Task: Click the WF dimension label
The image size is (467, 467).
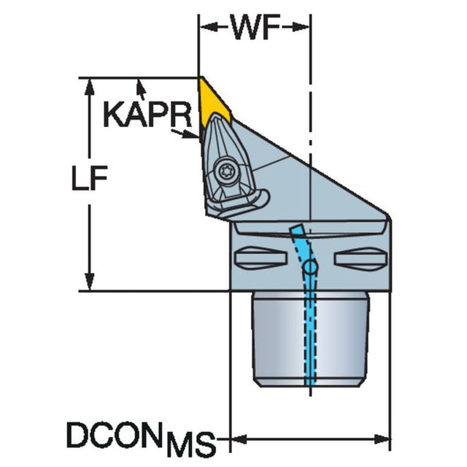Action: [256, 27]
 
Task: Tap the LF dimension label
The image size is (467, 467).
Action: [89, 178]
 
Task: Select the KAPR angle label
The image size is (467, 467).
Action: [147, 115]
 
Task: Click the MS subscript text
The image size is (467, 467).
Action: [191, 444]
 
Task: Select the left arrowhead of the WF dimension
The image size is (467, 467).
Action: [207, 27]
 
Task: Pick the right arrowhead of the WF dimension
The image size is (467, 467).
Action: [301, 27]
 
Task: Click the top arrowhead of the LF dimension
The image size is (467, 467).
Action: [89, 88]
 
